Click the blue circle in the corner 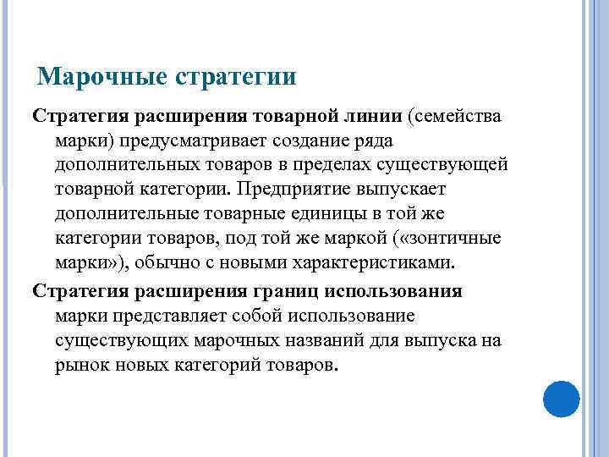tap(561, 399)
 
